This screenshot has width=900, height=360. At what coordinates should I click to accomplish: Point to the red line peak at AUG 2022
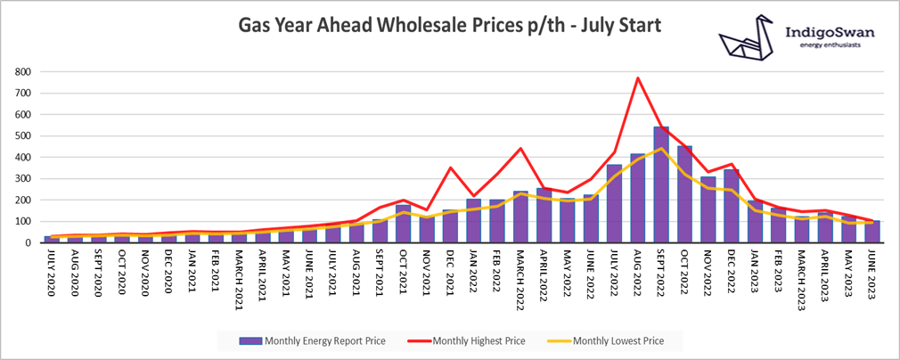[637, 78]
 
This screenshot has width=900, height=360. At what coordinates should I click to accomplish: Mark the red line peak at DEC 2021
[450, 168]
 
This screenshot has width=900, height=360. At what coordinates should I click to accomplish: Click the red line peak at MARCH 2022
[520, 148]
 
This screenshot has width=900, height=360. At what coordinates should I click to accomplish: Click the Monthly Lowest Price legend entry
[611, 340]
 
